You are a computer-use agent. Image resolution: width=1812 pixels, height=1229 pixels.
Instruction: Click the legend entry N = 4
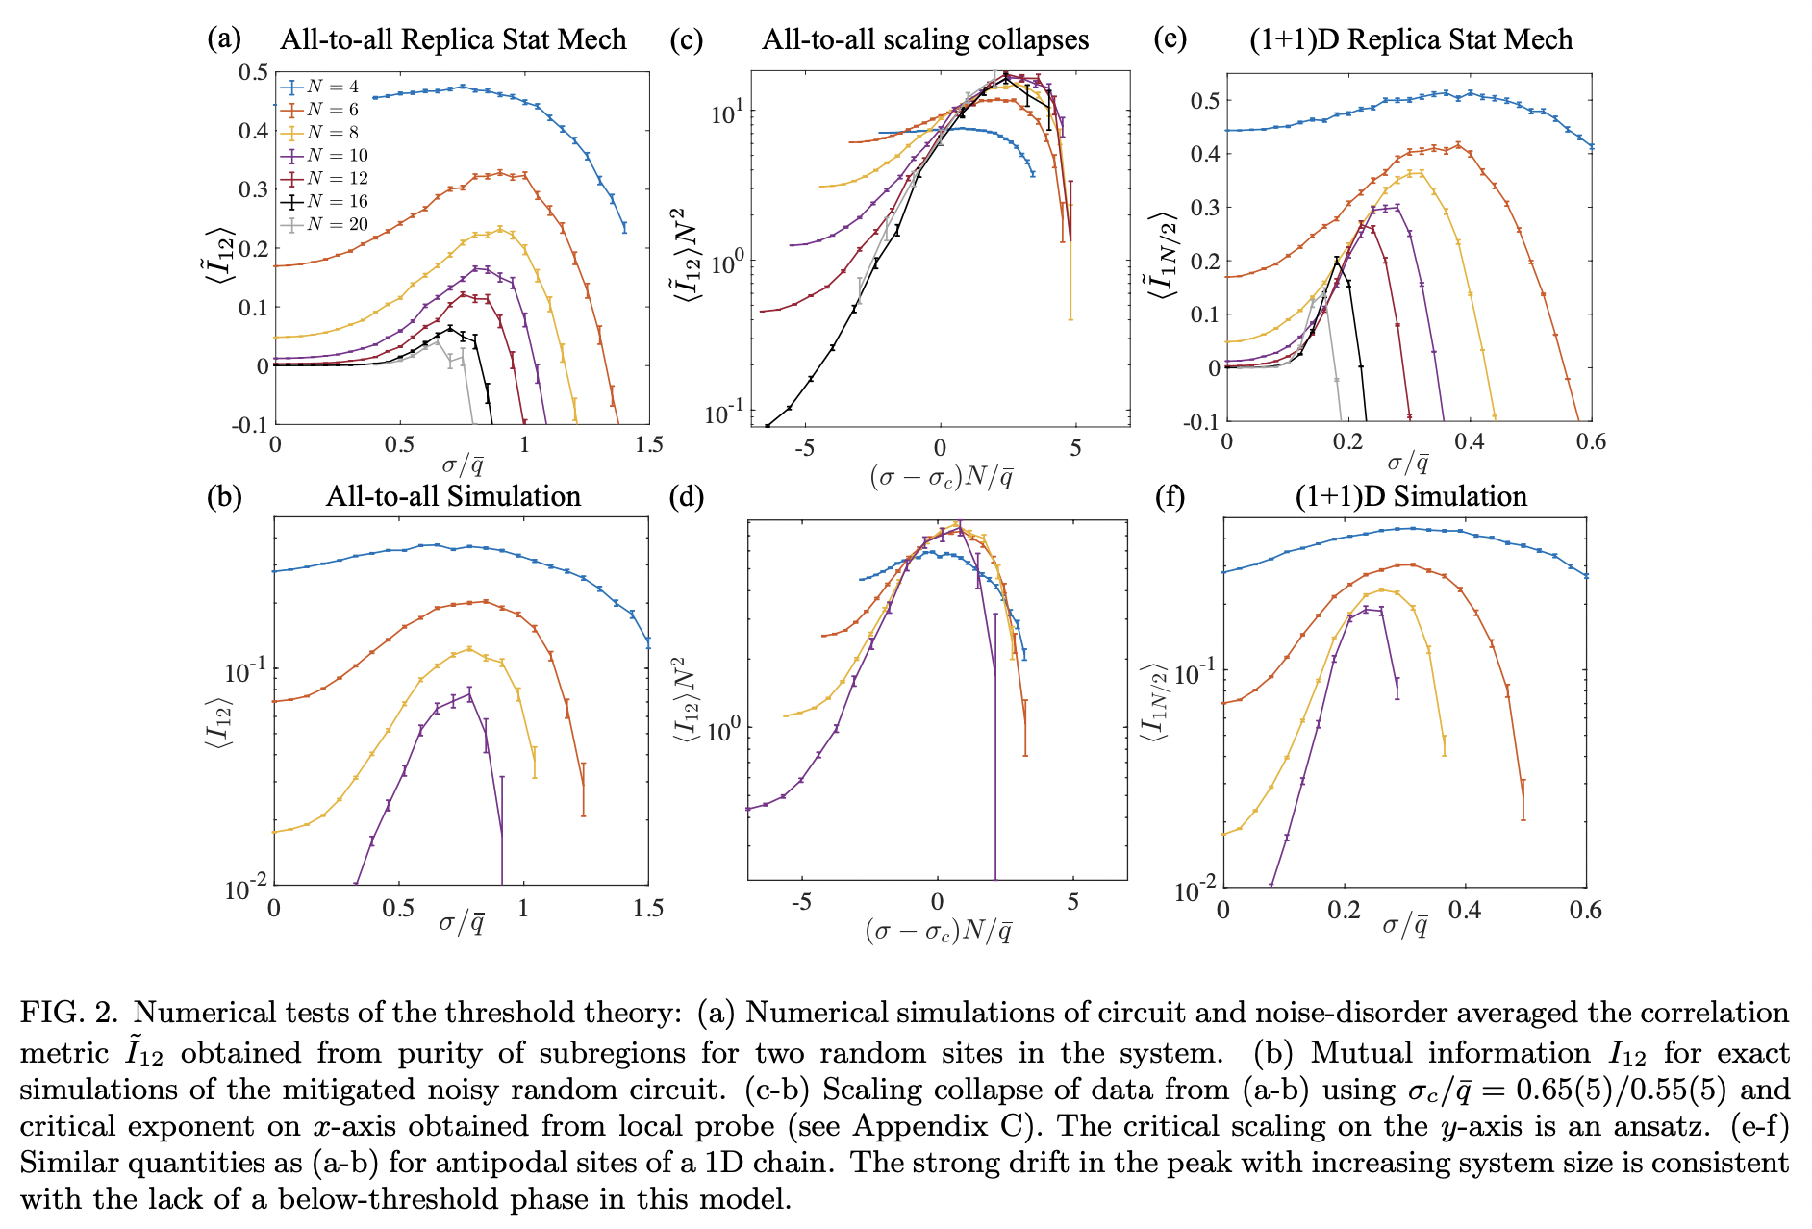pos(332,87)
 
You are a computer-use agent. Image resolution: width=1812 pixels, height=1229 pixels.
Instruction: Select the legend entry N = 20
pos(336,224)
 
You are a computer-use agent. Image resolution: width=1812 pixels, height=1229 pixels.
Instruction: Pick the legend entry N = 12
pos(336,178)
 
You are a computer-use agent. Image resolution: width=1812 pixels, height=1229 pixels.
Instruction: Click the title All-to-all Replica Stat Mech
pos(453,39)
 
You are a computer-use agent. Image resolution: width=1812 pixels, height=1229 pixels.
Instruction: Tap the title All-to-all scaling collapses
pos(925,39)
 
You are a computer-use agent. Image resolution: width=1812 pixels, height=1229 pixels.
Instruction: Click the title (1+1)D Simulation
pos(1411,496)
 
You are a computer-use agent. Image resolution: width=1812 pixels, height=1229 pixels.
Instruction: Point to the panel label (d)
pos(687,497)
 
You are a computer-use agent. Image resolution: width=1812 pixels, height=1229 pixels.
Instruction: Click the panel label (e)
pos(1170,39)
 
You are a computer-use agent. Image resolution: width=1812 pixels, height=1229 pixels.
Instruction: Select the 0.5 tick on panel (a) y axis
pos(254,72)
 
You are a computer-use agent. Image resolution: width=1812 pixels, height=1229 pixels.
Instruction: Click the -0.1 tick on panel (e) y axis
pos(1202,421)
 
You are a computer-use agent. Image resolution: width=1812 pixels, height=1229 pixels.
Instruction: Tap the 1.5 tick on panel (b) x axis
pos(648,909)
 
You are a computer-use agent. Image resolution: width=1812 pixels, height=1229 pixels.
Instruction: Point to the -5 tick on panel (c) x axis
pos(804,448)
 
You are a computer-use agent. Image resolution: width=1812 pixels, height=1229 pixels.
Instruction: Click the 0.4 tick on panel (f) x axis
pos(1465,910)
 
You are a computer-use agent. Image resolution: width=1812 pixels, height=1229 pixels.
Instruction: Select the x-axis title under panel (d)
pos(938,931)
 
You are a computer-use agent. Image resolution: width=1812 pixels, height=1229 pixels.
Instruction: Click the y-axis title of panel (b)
pos(220,719)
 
